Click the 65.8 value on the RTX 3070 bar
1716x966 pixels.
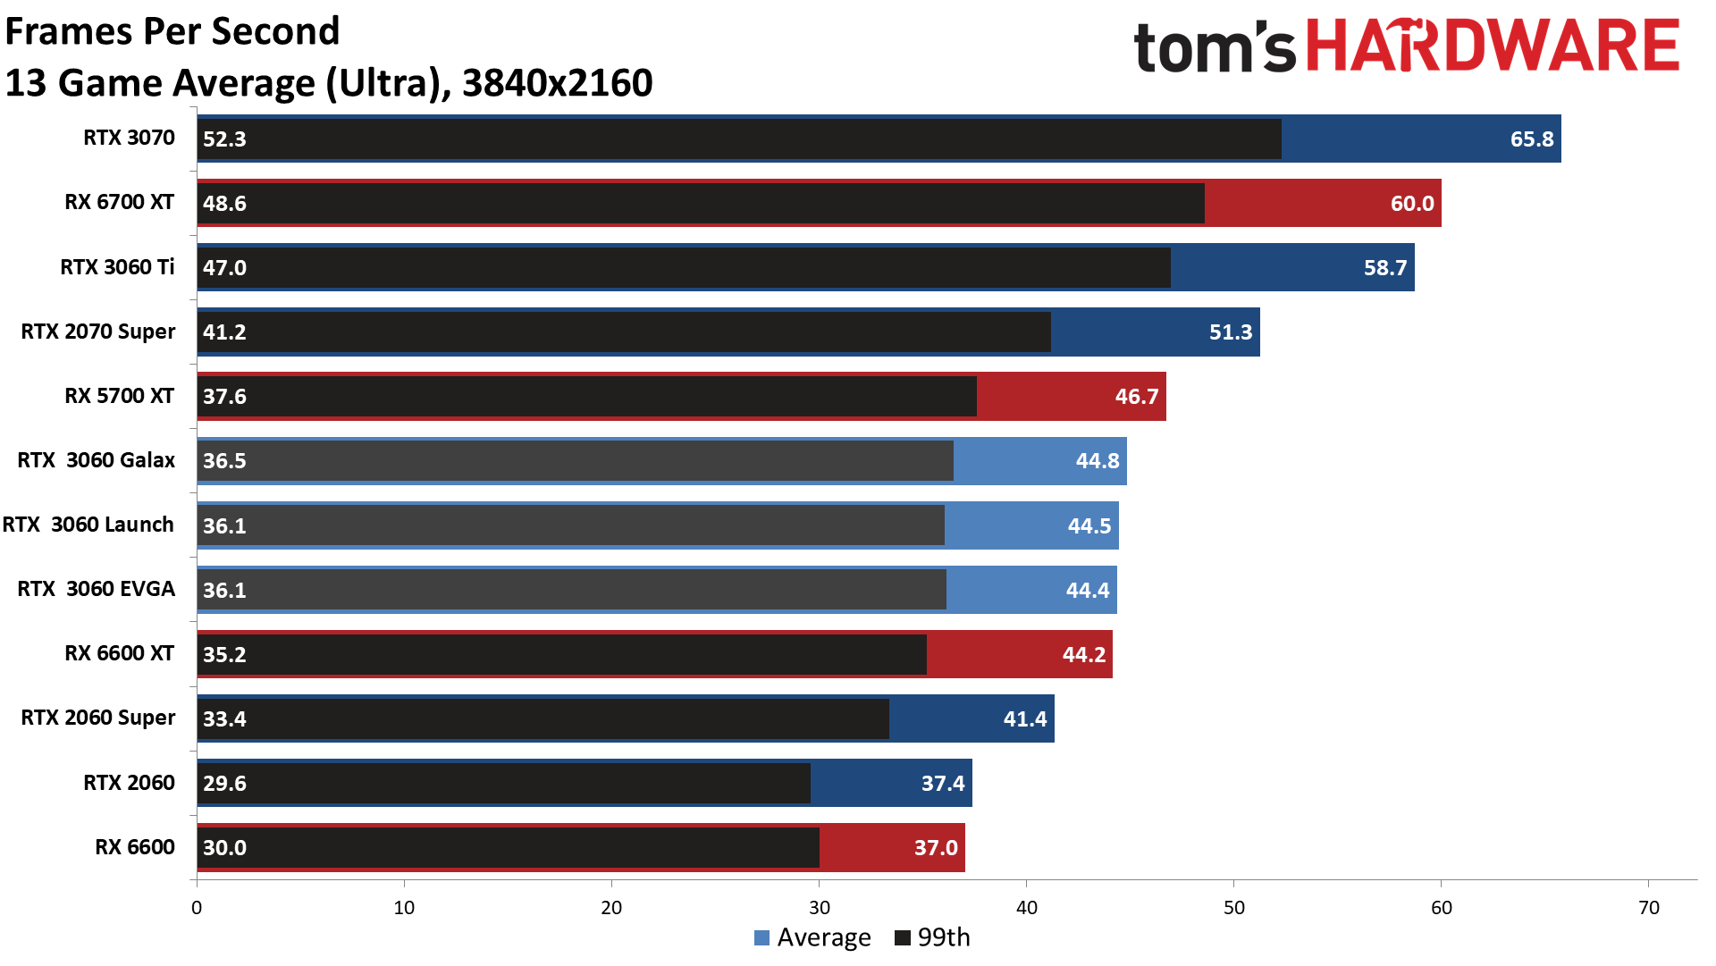click(x=1531, y=139)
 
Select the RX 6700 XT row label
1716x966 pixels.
click(x=119, y=202)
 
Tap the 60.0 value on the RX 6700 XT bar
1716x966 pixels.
click(x=1411, y=204)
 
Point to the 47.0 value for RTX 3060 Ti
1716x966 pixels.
click(x=224, y=268)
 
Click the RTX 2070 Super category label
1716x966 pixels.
click(x=98, y=332)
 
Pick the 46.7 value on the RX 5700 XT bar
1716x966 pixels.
click(x=1136, y=397)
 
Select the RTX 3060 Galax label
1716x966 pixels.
click(x=97, y=460)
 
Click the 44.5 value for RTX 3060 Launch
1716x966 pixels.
click(x=1089, y=525)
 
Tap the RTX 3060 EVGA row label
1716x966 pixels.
click(x=97, y=589)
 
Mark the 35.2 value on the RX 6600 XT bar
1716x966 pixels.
click(x=224, y=655)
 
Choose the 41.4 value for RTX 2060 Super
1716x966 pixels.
click(x=1024, y=719)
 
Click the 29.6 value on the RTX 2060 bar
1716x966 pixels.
click(x=224, y=784)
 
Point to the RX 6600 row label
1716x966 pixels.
click(x=135, y=847)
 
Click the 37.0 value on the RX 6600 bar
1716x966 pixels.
click(x=935, y=848)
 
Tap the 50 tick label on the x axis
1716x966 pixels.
click(x=1233, y=908)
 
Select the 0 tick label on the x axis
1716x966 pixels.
click(x=197, y=908)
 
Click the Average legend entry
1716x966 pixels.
click(x=812, y=937)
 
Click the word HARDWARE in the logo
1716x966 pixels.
click(x=1493, y=46)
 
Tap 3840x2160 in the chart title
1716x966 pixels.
click(x=557, y=83)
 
